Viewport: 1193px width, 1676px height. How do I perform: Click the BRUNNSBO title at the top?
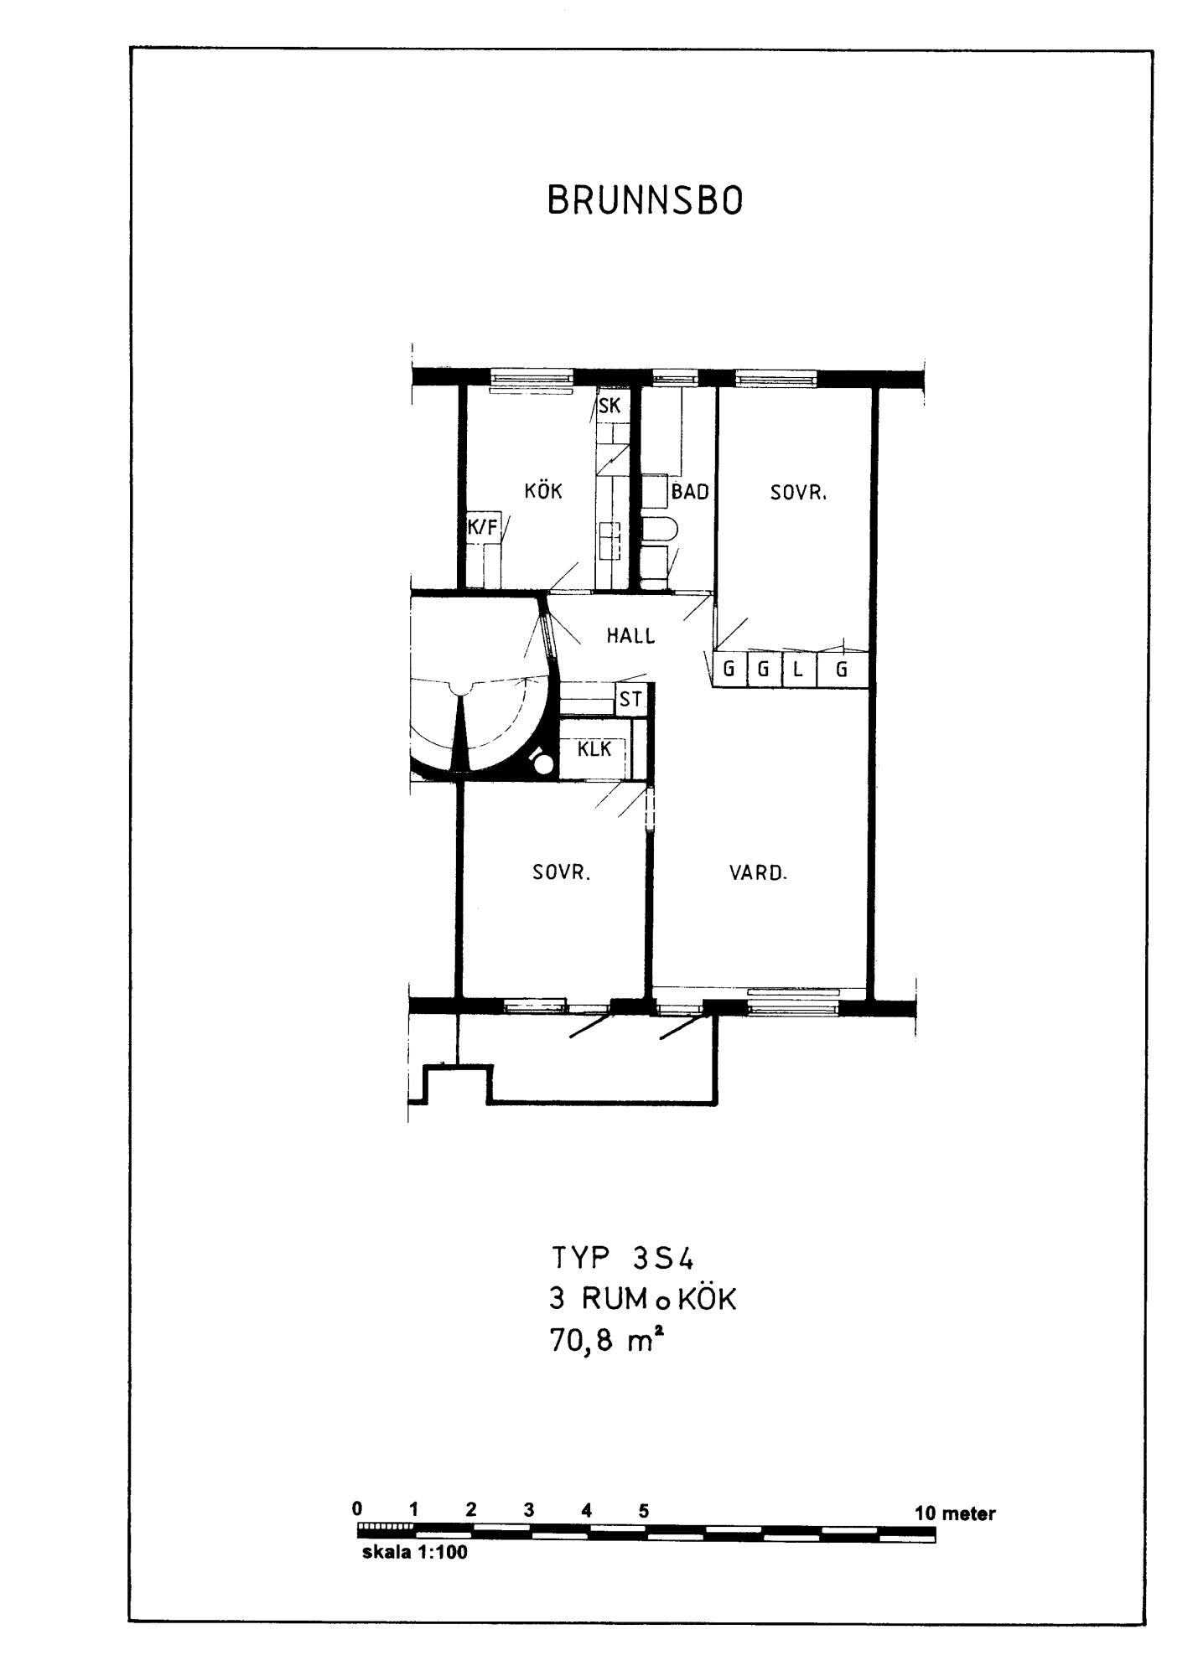pyautogui.click(x=645, y=201)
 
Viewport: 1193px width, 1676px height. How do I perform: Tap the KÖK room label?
pyautogui.click(x=543, y=490)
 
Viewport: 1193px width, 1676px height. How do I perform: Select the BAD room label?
pyautogui.click(x=690, y=492)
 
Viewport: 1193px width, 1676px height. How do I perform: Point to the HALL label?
pyautogui.click(x=631, y=636)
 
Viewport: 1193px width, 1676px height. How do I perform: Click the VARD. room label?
pyautogui.click(x=758, y=873)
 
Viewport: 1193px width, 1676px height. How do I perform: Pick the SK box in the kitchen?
pyautogui.click(x=609, y=406)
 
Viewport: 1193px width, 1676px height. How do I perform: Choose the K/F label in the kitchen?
pyautogui.click(x=482, y=527)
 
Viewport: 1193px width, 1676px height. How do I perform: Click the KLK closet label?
pyautogui.click(x=594, y=749)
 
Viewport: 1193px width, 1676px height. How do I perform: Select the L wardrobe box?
pyautogui.click(x=799, y=670)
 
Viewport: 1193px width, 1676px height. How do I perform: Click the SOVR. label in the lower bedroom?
pyautogui.click(x=562, y=873)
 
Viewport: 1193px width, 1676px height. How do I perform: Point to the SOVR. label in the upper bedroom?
pyautogui.click(x=799, y=493)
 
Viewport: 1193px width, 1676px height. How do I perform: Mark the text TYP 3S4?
pyautogui.click(x=624, y=1259)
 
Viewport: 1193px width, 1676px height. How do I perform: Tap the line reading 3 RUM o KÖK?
pyautogui.click(x=642, y=1300)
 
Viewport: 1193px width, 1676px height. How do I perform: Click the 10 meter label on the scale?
pyautogui.click(x=955, y=1513)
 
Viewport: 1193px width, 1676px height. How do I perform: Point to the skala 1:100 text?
pyautogui.click(x=414, y=1552)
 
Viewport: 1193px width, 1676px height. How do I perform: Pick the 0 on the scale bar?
pyautogui.click(x=357, y=1508)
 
